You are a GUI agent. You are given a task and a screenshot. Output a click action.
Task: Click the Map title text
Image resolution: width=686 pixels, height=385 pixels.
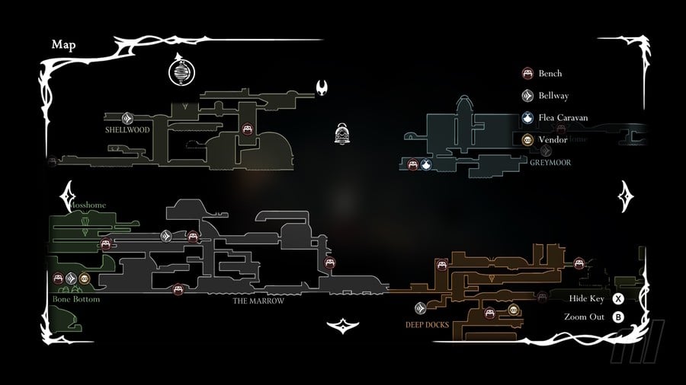coord(63,44)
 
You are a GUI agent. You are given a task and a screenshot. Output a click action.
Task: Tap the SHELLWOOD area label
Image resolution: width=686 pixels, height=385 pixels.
coord(128,130)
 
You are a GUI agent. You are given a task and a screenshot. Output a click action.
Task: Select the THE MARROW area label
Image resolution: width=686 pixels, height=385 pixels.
coord(258,301)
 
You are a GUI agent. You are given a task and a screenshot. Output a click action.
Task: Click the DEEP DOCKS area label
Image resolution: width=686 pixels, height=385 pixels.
coord(427,324)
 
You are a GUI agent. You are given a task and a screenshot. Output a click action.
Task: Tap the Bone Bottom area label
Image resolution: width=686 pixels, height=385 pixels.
coord(76,299)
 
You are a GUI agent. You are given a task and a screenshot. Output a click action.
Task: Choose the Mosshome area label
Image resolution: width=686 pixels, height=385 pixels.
coord(87,205)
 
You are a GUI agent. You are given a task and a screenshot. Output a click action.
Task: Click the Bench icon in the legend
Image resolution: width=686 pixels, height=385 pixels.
coord(527,74)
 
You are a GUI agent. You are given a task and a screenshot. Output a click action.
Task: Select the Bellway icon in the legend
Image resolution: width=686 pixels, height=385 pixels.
coord(527,96)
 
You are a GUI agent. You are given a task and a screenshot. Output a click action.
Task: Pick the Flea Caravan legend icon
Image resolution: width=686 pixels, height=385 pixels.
coord(527,118)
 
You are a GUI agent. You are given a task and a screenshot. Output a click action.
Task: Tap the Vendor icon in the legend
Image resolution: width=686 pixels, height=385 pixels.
coord(527,140)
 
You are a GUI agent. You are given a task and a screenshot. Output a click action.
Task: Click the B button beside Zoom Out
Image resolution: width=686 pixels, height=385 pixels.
coord(618,317)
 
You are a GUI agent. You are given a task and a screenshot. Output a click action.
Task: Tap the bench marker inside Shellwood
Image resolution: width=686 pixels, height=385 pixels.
coord(247,130)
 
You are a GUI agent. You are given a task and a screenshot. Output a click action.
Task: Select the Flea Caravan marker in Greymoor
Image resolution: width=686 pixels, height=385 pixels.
coord(426,164)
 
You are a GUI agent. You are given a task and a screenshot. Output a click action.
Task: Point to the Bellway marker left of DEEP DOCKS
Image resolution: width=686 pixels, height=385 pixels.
coord(420,308)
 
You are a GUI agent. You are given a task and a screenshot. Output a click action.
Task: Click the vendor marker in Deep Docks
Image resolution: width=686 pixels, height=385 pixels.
coord(514,310)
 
